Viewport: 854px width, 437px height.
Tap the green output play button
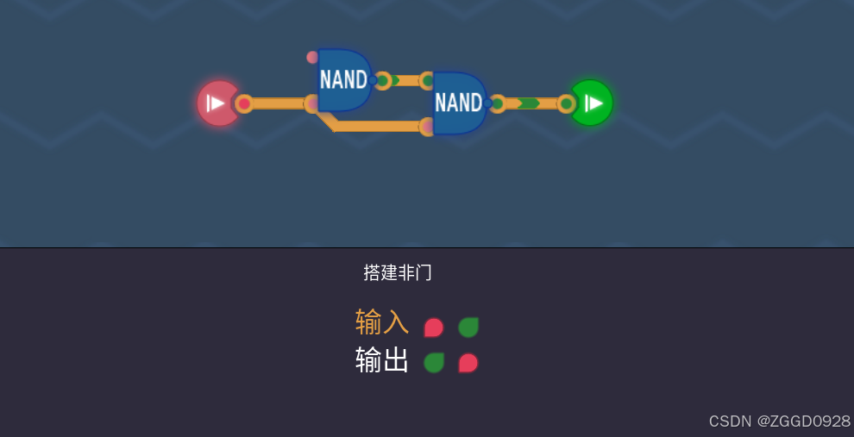[593, 103]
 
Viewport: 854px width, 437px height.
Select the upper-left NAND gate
[343, 80]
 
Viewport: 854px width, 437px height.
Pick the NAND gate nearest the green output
[459, 103]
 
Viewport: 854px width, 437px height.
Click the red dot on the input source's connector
[244, 103]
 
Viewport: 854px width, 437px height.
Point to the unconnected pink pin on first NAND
[312, 58]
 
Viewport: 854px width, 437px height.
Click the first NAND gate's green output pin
[383, 81]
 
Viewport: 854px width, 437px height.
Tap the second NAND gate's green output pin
[498, 103]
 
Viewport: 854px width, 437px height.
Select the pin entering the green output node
[566, 103]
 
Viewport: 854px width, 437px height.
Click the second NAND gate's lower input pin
[426, 127]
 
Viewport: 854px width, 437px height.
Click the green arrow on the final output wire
[528, 103]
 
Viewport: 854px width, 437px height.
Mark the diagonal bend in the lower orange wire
[327, 120]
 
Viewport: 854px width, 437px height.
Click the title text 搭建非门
[397, 273]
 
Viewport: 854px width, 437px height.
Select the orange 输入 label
[381, 322]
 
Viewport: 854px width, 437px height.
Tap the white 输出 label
[381, 360]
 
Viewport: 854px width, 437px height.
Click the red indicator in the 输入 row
[433, 328]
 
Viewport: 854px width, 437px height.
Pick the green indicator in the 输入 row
[468, 328]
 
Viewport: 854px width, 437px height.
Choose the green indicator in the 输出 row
[433, 363]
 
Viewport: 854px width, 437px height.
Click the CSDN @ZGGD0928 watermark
[779, 421]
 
